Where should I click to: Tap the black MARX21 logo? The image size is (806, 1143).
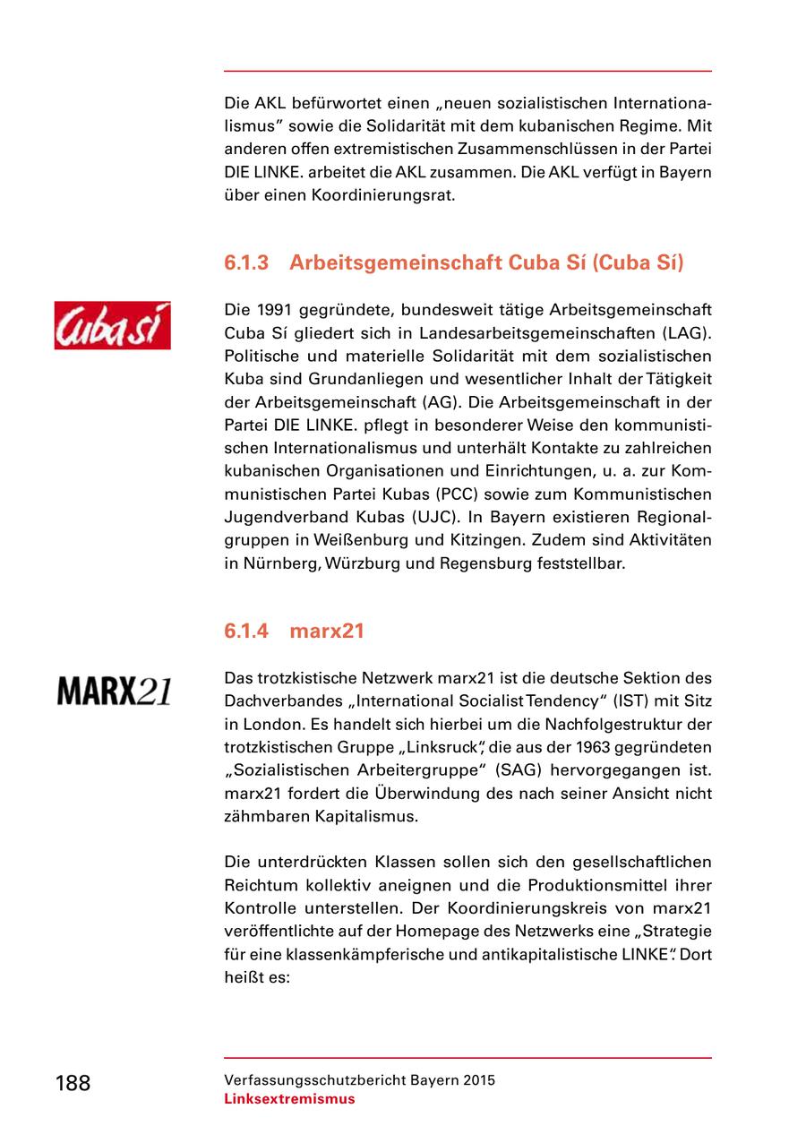coord(114,690)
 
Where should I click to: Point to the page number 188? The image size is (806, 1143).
coord(73,1083)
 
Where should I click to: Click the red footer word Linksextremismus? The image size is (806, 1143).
coord(289,1099)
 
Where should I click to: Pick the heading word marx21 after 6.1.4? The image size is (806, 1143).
coord(327,631)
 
